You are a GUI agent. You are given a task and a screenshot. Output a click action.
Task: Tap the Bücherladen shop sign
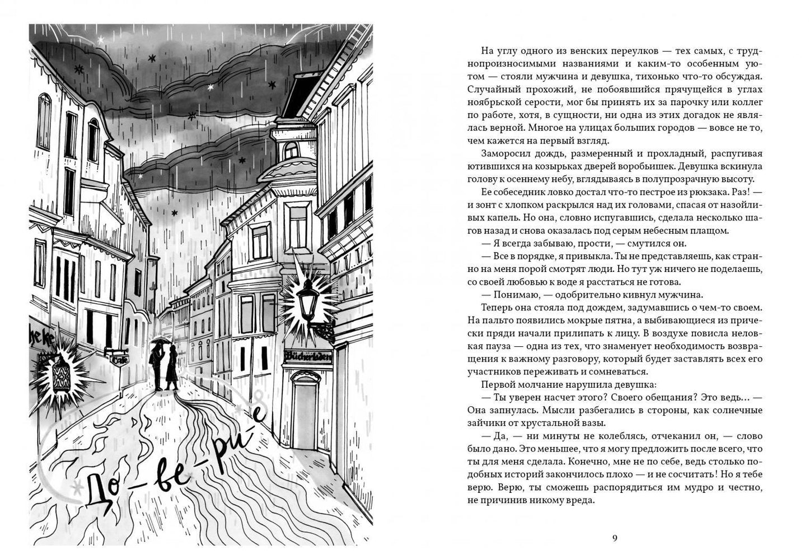coord(308,355)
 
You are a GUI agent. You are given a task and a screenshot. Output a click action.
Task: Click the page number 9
coord(615,539)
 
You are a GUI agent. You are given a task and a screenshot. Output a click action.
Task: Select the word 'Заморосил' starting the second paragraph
coord(504,153)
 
